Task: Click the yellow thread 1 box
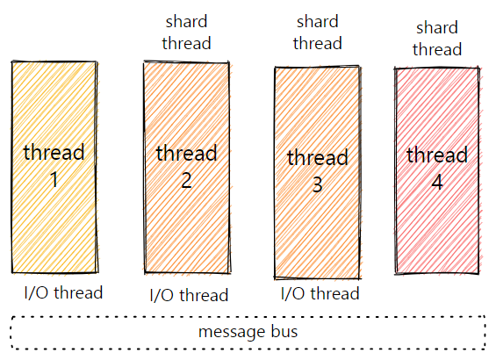(x=54, y=167)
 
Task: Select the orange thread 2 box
(x=187, y=168)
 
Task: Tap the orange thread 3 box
(x=318, y=172)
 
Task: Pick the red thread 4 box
(x=437, y=171)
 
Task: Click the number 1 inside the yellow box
(x=54, y=179)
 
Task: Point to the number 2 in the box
(x=186, y=180)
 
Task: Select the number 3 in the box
(x=318, y=184)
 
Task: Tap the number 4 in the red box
(x=437, y=182)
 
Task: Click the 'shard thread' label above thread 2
(x=186, y=32)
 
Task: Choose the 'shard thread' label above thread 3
(x=318, y=32)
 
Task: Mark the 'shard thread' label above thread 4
(x=437, y=39)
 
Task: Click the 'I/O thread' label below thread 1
(x=63, y=292)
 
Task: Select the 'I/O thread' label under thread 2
(x=189, y=295)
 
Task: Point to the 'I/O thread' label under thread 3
(x=320, y=293)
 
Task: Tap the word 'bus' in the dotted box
(x=284, y=331)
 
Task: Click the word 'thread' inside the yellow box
(x=54, y=152)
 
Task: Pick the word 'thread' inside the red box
(x=437, y=155)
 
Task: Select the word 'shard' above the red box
(x=437, y=27)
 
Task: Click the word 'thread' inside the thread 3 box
(x=318, y=157)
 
